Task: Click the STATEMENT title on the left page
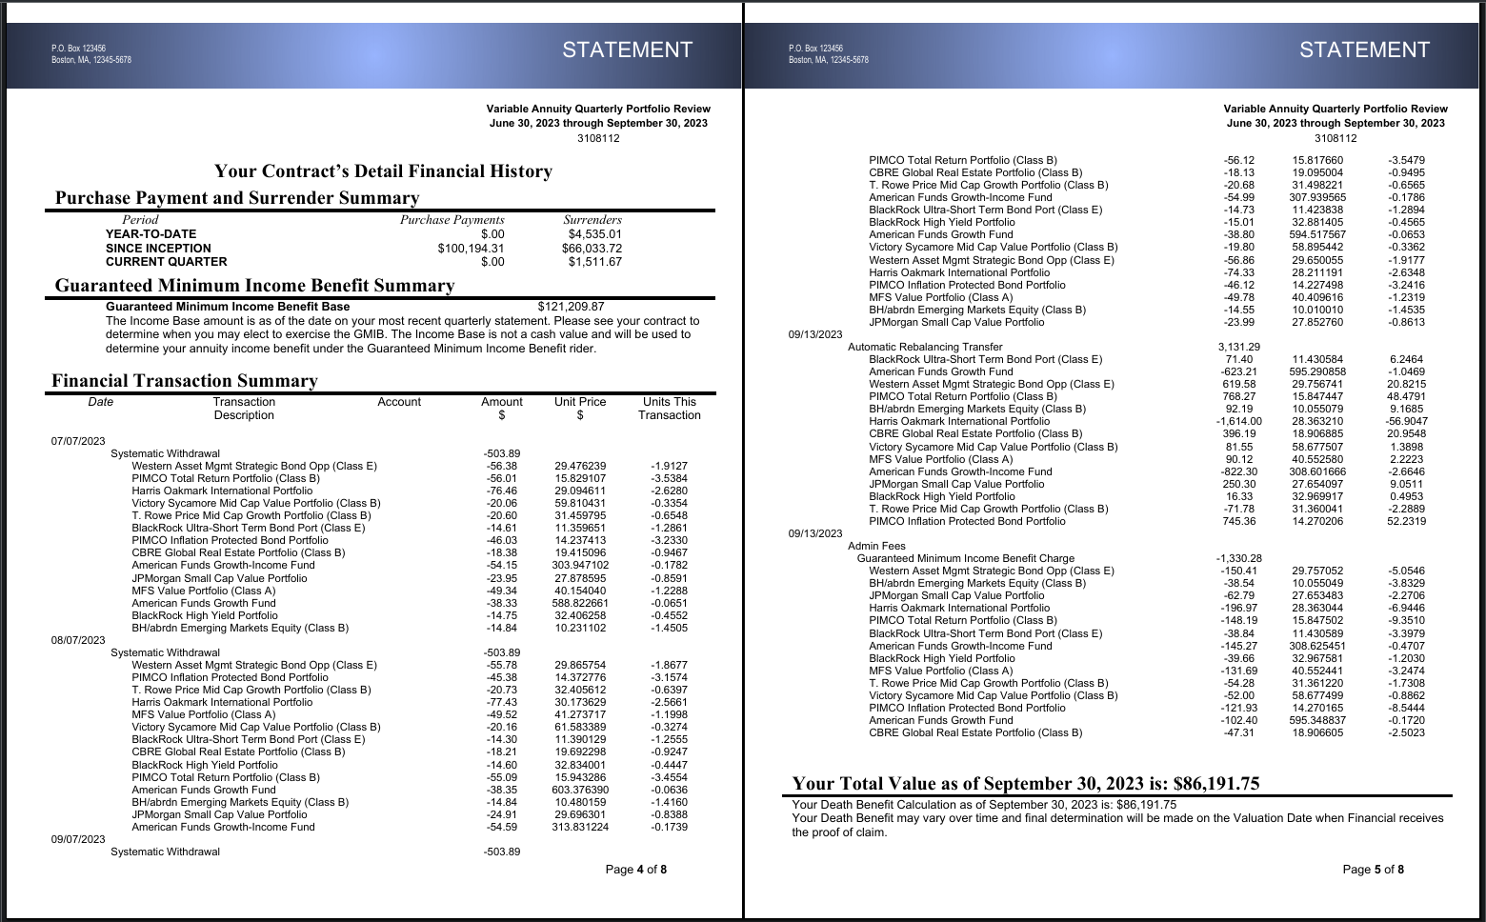(627, 50)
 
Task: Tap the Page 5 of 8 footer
(1373, 869)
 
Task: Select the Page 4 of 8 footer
(635, 869)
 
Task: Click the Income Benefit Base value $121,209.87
(571, 307)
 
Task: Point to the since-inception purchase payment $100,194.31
(471, 248)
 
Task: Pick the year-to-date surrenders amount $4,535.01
(594, 234)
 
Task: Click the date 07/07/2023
(78, 441)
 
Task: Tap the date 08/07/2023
(78, 640)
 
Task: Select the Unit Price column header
(580, 402)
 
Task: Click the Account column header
(399, 402)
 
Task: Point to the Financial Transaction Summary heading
(185, 381)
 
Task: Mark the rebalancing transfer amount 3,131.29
(1238, 347)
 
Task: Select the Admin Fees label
(876, 546)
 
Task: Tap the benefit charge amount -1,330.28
(1238, 558)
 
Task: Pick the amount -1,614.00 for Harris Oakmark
(1238, 421)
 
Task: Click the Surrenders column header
(592, 220)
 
